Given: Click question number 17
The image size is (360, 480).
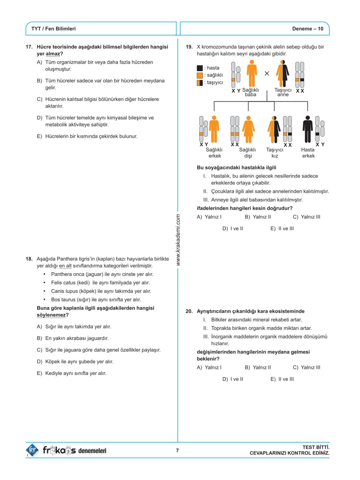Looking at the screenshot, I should [29, 47].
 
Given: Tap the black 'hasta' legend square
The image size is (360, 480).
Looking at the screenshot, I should [200, 68].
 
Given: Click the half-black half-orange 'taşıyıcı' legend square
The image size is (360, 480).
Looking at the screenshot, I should [200, 82].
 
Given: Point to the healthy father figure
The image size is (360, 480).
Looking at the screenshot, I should [252, 73].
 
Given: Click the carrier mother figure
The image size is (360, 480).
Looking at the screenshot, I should [283, 73].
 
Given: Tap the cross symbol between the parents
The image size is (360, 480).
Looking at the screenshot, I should [267, 73].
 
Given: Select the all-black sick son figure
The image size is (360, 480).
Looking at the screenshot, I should [307, 129].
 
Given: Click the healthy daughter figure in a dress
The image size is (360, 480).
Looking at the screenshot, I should [248, 129].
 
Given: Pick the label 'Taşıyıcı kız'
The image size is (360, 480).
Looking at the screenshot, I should [275, 153].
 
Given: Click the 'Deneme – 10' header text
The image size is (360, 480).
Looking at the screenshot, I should [307, 29].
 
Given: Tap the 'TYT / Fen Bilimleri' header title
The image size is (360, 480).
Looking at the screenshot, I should [53, 29].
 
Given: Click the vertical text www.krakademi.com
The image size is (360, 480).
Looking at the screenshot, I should [178, 240].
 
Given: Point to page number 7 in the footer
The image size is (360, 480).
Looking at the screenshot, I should [177, 450].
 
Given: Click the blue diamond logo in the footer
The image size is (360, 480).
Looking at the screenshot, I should [32, 450].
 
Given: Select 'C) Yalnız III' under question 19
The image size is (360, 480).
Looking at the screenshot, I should [306, 217].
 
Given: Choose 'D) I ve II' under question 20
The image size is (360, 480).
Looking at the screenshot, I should [232, 379].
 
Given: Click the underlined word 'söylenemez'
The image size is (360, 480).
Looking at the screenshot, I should [51, 315].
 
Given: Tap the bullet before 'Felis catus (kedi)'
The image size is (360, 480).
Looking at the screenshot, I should [44, 283].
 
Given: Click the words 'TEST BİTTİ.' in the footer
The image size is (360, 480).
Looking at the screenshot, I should [316, 447].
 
